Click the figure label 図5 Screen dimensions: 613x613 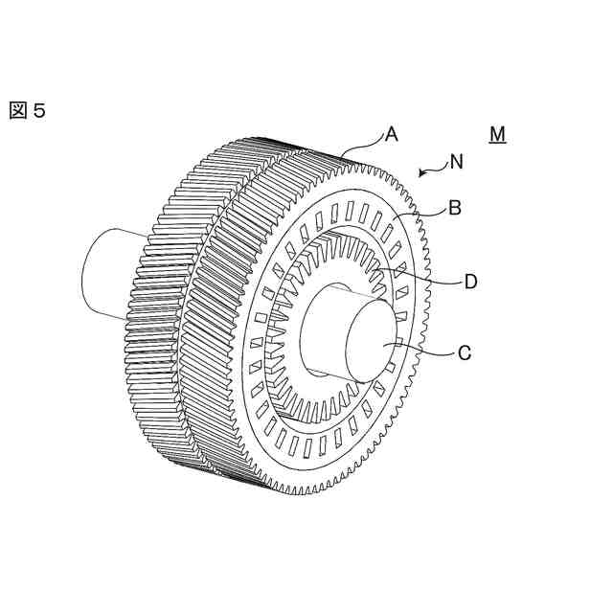point(27,110)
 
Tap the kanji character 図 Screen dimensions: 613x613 point(18,110)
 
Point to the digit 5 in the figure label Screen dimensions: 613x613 point(38,110)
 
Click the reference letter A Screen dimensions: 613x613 point(391,135)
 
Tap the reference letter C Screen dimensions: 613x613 point(464,353)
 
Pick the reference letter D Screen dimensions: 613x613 point(470,282)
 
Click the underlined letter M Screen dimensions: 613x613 point(496,135)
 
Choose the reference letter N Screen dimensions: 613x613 point(457,163)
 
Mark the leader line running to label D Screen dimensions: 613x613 point(431,278)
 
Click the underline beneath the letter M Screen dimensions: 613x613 point(496,144)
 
